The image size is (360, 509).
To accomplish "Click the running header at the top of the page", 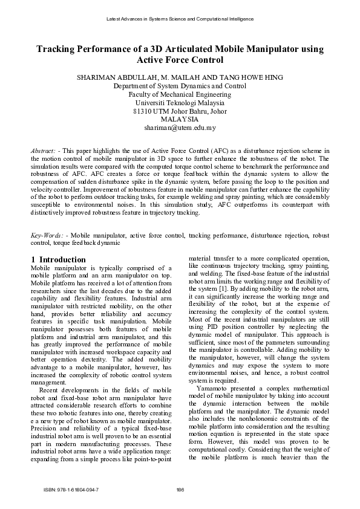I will point(180,19).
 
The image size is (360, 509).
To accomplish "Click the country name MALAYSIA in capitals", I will point(180,120).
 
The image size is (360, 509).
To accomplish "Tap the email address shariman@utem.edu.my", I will point(180,128).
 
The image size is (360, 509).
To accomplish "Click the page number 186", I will point(180,488).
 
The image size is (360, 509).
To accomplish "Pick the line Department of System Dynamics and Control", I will point(180,86).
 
